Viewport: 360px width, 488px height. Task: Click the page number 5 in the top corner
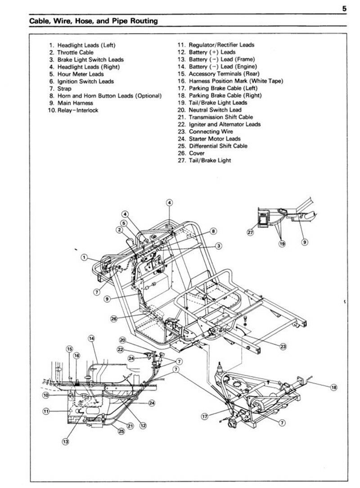tap(343, 9)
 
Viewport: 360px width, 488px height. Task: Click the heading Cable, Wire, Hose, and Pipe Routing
tap(93, 21)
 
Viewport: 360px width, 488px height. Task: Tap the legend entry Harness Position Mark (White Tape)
tap(230, 81)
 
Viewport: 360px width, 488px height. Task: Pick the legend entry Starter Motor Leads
tap(209, 139)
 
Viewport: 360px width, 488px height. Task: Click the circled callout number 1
tap(84, 257)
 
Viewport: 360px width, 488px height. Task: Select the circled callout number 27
tap(251, 232)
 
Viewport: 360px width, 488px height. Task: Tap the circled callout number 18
tap(333, 387)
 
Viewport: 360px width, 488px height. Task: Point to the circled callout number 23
tap(282, 346)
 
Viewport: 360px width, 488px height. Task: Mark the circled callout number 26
tap(114, 319)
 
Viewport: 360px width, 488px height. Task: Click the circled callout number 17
tap(205, 416)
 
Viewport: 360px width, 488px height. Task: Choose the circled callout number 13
tap(66, 442)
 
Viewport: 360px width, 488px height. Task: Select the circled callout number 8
tap(214, 231)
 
